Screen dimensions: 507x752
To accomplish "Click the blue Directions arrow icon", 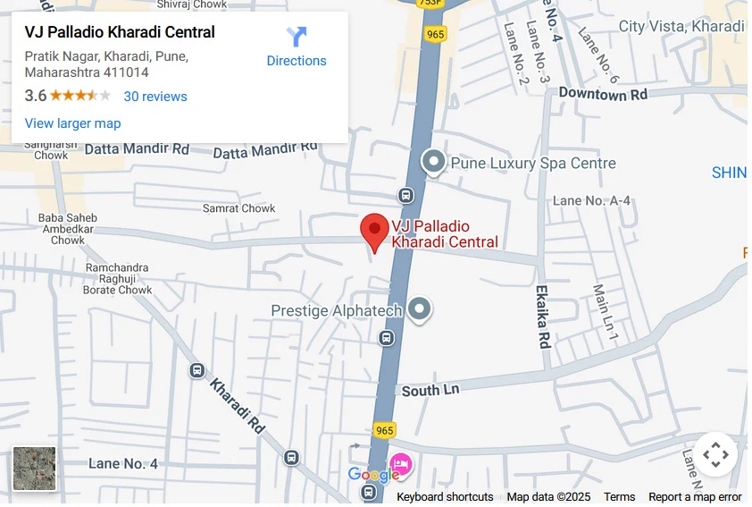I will (297, 38).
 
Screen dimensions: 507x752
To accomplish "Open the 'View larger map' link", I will (72, 123).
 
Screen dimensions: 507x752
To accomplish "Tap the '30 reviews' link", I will (155, 97).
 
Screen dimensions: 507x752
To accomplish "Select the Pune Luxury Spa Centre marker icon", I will (433, 162).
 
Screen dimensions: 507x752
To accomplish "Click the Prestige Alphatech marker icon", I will (420, 310).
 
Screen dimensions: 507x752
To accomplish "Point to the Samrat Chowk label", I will (239, 208).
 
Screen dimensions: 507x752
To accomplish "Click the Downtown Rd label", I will (603, 94).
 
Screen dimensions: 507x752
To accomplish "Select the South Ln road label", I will (430, 391).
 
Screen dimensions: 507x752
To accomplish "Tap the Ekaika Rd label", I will (542, 317).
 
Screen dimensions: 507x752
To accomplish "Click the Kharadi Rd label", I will (238, 405).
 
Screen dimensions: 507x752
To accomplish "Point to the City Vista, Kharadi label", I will (681, 26).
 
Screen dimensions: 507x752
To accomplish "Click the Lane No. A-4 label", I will (591, 200).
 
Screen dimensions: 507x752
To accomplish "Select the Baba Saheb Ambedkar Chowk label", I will (68, 229).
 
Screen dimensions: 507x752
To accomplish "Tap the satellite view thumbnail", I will (35, 469).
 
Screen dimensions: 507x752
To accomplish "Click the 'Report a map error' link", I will (695, 497).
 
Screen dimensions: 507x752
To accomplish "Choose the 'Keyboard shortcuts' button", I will (445, 497).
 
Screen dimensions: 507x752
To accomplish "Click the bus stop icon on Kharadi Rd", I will (197, 370).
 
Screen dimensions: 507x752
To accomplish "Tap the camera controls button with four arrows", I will (715, 455).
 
